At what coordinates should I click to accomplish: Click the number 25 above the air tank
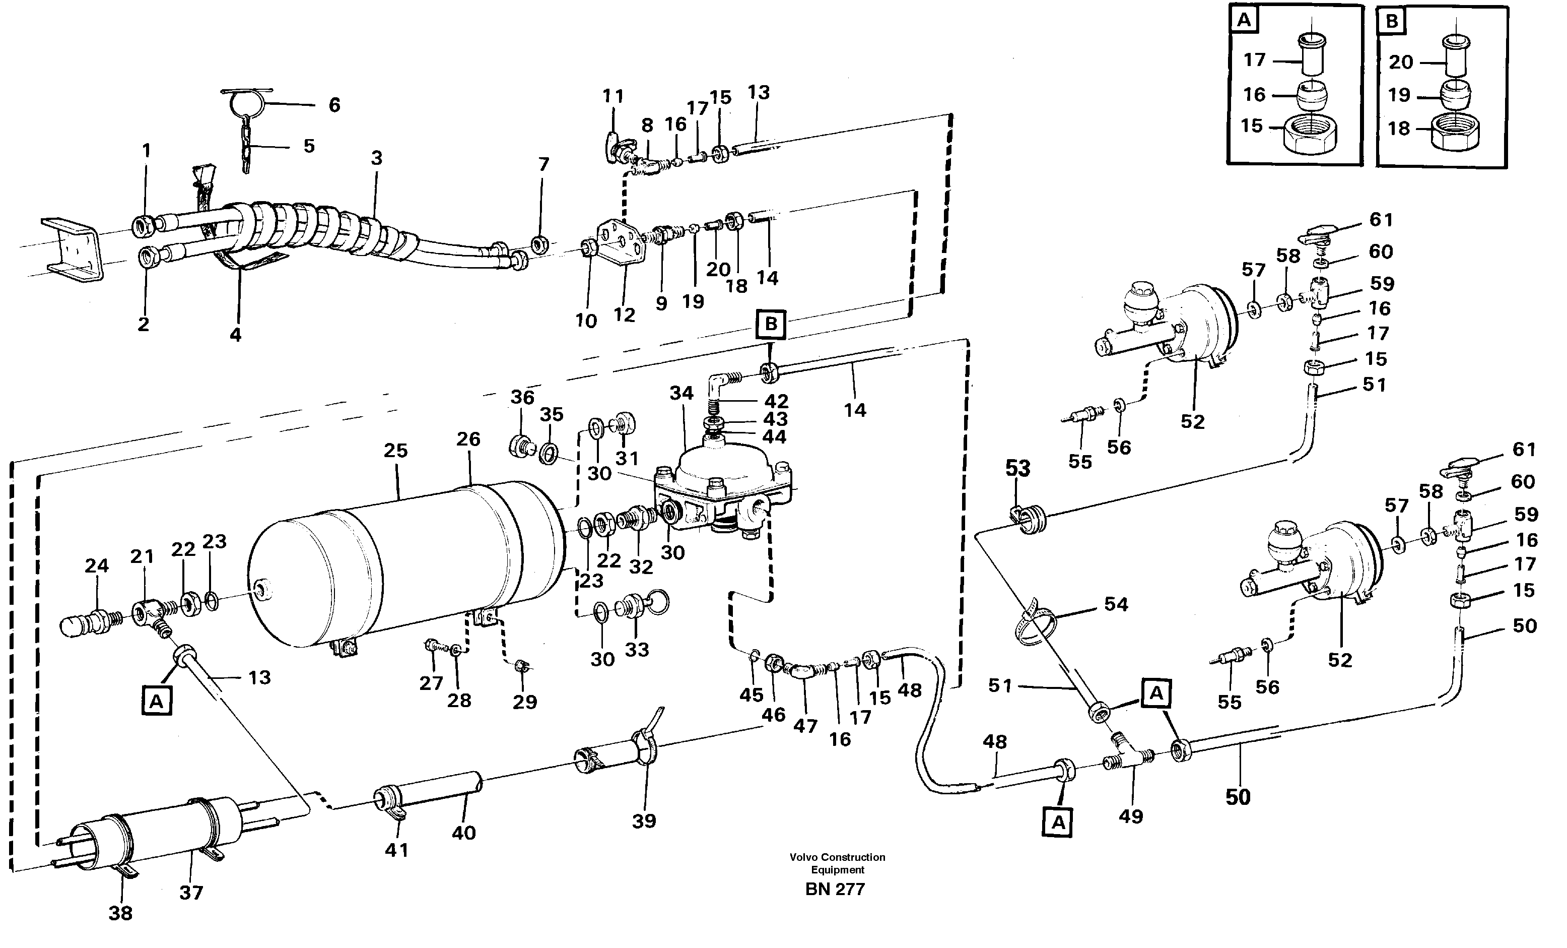pos(395,451)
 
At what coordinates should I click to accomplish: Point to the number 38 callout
pos(120,913)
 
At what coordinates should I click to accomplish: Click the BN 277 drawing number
pos(835,890)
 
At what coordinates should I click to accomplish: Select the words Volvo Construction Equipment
pos(837,863)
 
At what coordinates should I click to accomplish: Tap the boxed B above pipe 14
pos(771,324)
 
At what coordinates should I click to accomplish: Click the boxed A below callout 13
pos(157,701)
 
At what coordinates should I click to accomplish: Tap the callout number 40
pos(463,833)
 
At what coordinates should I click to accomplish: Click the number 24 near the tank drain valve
pos(97,565)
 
